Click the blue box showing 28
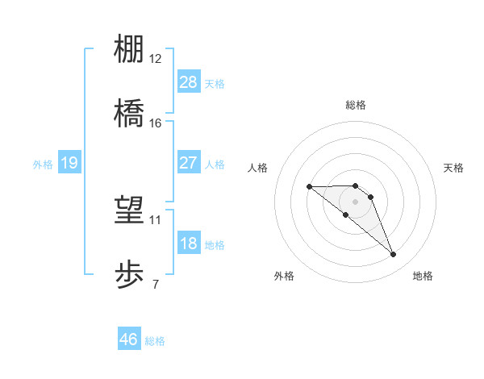pyautogui.click(x=189, y=82)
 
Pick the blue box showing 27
pyautogui.click(x=189, y=163)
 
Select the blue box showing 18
pyautogui.click(x=189, y=244)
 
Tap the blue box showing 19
pyautogui.click(x=69, y=164)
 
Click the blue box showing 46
pyautogui.click(x=129, y=339)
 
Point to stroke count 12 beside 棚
pyautogui.click(x=156, y=59)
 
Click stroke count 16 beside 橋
pyautogui.click(x=156, y=123)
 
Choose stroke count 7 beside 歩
pyautogui.click(x=156, y=284)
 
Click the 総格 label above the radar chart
pyautogui.click(x=356, y=105)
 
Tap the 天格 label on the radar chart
pyautogui.click(x=454, y=168)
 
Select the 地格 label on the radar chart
pyautogui.click(x=423, y=276)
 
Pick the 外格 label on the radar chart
pyautogui.click(x=284, y=276)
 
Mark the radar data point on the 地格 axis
pyautogui.click(x=394, y=255)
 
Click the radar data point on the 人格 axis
pyautogui.click(x=310, y=186)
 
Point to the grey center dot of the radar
pyautogui.click(x=356, y=201)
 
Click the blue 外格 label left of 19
pyautogui.click(x=43, y=164)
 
